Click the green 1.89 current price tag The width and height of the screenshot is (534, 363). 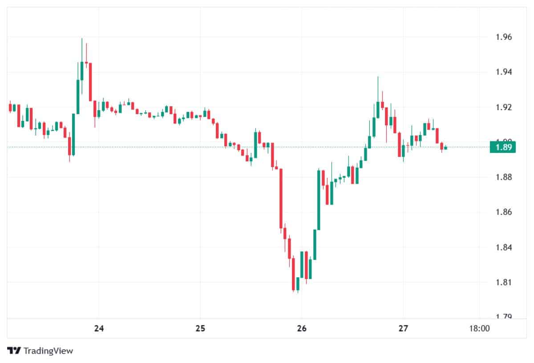tap(502, 147)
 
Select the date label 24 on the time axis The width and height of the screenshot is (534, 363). tap(99, 329)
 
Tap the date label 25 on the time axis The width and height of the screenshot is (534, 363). tap(200, 329)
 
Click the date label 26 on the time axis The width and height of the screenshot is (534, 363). tap(301, 329)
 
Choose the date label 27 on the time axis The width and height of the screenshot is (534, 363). tap(403, 329)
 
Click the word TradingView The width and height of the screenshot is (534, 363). tap(48, 351)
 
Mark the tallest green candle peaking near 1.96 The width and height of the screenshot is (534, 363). tap(82, 71)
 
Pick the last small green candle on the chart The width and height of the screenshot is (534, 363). tap(445, 147)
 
